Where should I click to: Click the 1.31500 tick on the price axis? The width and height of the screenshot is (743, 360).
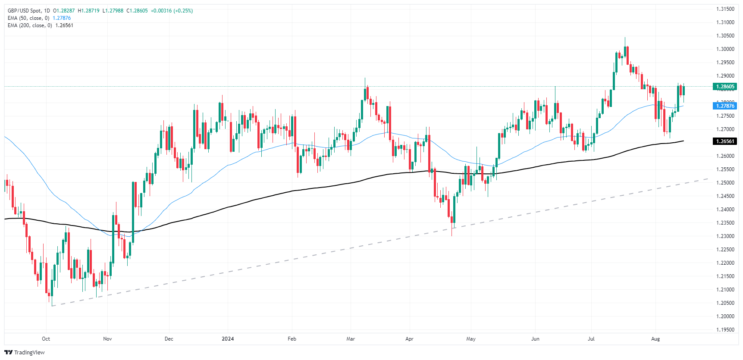725,9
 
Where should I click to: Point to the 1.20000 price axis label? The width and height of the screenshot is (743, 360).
725,316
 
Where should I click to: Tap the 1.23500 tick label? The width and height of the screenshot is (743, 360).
725,223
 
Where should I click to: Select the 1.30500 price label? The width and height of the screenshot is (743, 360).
725,36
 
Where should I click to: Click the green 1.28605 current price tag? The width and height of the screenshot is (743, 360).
725,87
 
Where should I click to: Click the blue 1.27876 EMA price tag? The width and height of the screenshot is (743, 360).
725,106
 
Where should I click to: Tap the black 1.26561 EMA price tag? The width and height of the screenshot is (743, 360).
725,141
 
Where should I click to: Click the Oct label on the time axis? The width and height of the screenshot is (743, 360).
46,339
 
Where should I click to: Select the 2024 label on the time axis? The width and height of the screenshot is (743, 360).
228,339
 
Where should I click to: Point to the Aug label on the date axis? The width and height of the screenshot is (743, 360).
655,339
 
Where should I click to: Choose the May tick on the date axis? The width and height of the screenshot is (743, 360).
471,339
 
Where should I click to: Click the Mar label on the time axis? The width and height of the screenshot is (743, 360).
351,339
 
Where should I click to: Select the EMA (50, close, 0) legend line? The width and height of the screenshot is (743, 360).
28,18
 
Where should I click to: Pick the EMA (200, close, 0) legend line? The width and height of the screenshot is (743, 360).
30,25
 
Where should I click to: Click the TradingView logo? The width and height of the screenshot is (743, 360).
25,352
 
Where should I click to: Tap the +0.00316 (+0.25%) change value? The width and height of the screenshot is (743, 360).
172,11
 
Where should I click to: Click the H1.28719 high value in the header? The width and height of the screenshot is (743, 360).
88,11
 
